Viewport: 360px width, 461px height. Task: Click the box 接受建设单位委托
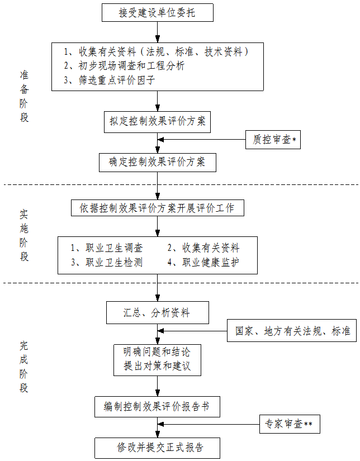pos(157,12)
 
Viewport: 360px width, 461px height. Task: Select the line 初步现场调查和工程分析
pos(124,66)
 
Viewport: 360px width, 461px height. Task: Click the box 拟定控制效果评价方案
pos(157,121)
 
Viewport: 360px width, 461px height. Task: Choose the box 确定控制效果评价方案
pos(157,162)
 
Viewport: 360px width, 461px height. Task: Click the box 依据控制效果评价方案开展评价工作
pos(157,208)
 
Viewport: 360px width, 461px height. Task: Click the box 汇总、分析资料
pos(157,313)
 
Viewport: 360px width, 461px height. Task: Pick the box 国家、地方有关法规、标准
pos(292,331)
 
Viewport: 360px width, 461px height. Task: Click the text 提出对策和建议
pos(157,367)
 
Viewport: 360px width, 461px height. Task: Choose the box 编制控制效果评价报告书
pos(157,406)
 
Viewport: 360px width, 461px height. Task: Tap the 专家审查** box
pos(290,425)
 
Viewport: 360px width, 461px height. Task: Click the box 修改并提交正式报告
pos(157,448)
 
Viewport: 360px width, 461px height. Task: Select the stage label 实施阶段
pos(24,235)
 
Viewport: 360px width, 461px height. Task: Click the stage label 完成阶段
pos(24,366)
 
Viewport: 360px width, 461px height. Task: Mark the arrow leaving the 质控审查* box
pos(201,140)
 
